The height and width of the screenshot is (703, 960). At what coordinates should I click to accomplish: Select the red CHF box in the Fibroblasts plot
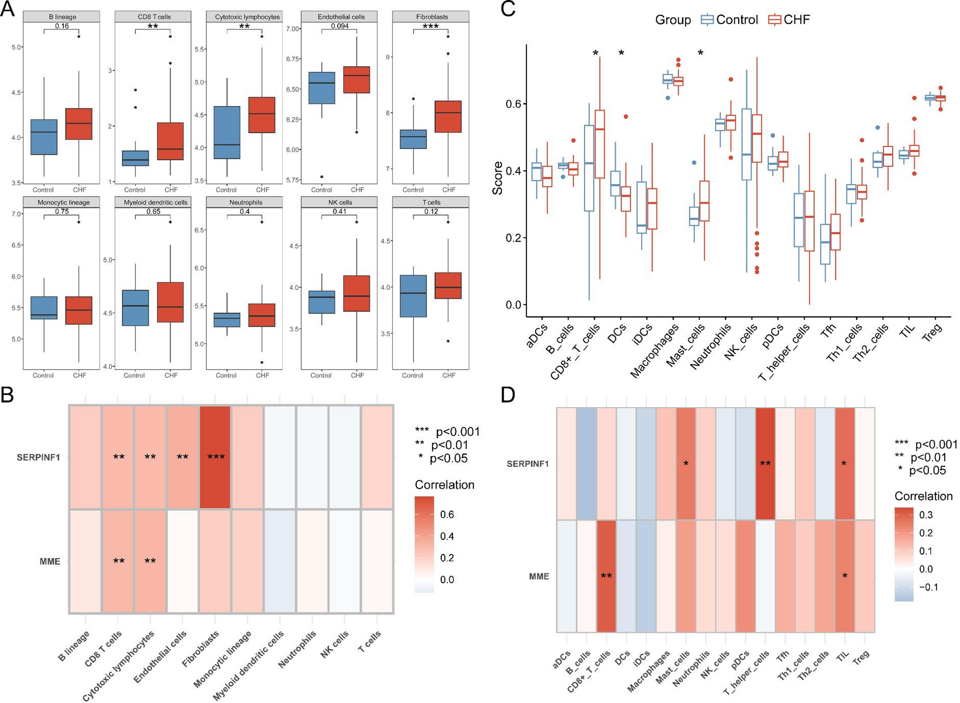(x=448, y=117)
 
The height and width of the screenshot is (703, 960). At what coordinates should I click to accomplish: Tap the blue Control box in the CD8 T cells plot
(x=135, y=158)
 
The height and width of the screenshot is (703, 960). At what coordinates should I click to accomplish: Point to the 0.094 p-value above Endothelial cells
(x=340, y=26)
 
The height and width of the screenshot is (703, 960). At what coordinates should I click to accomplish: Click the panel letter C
(x=508, y=9)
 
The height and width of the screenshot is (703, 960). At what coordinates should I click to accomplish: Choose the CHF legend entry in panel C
(x=789, y=20)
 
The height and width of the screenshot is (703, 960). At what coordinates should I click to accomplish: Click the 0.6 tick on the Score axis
(x=513, y=104)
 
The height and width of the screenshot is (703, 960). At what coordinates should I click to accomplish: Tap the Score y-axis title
(x=498, y=178)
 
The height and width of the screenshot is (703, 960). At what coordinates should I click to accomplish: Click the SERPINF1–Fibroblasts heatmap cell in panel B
(x=215, y=457)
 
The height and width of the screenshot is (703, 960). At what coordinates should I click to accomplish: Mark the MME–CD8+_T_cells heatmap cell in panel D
(x=606, y=576)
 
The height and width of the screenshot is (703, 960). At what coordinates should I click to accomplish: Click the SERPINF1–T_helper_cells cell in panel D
(x=765, y=463)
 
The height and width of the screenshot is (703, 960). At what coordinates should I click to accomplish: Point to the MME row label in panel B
(x=50, y=562)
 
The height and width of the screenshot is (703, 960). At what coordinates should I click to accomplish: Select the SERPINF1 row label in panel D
(x=528, y=464)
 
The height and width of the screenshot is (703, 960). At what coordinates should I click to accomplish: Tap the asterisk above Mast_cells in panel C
(x=700, y=53)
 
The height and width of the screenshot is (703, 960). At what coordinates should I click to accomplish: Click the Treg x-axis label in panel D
(x=861, y=659)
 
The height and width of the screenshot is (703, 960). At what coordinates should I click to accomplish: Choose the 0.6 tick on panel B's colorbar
(x=447, y=515)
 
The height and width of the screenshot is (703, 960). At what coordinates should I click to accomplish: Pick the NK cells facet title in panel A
(x=340, y=203)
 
